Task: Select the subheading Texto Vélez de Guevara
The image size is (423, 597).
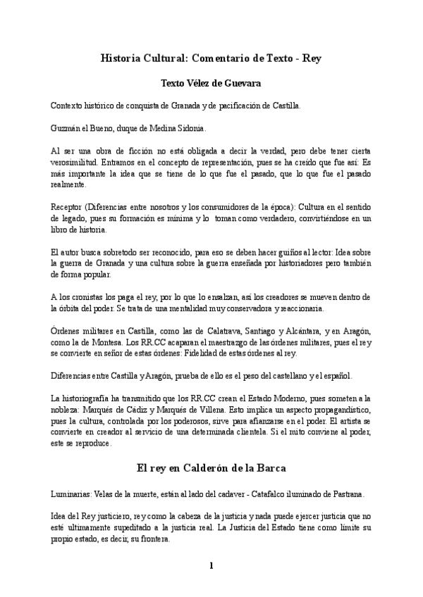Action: [211, 83]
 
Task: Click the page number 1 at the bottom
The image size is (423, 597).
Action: [211, 565]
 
